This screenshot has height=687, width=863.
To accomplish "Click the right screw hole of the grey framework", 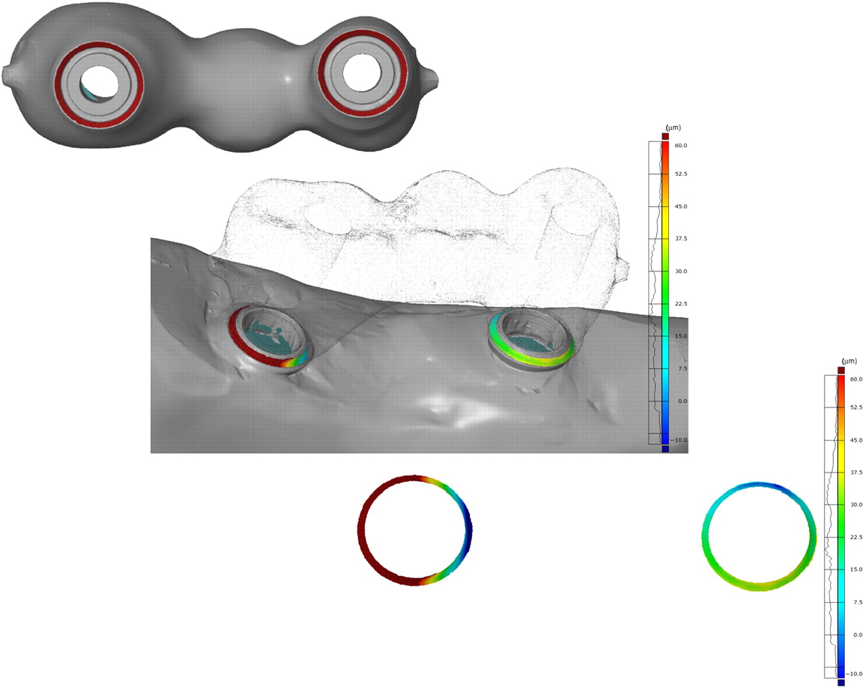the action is (362, 72).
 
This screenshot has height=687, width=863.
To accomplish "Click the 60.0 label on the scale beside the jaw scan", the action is (680, 145).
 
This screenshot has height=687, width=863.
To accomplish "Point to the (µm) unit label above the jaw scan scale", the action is (674, 128).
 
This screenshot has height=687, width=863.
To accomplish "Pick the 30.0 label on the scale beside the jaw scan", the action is (680, 271).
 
